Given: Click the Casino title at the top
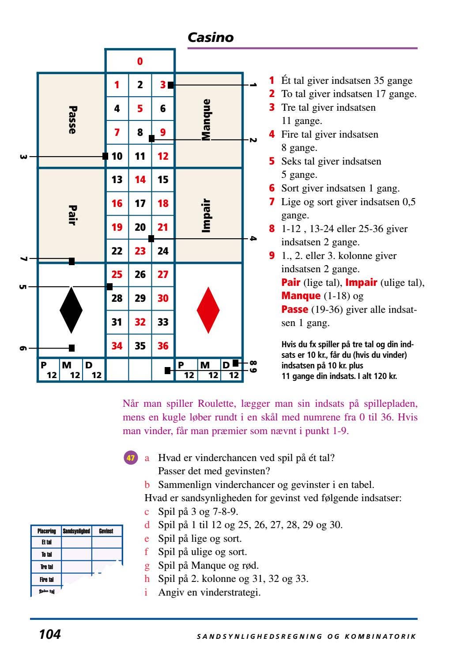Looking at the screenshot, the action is click(x=211, y=37).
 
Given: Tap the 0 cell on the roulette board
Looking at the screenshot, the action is click(x=140, y=61).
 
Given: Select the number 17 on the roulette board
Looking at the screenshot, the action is click(x=140, y=203).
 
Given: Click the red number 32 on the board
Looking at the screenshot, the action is click(x=140, y=322).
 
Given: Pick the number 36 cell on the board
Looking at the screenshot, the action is click(x=163, y=346).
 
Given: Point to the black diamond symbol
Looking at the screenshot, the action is click(x=71, y=310).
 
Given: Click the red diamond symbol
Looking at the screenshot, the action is click(x=208, y=310).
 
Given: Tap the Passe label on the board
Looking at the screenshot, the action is click(x=72, y=120).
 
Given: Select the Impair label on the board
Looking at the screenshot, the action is click(x=206, y=216).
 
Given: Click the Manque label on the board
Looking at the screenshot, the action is click(x=206, y=120).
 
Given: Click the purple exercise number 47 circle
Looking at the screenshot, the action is click(x=131, y=458).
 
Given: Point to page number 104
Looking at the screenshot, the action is click(x=49, y=635).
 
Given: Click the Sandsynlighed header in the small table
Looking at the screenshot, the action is click(x=76, y=531).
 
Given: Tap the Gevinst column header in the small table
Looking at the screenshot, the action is click(x=106, y=531).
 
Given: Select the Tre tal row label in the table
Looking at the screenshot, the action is click(x=46, y=567).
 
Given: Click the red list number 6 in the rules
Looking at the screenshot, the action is click(x=272, y=188).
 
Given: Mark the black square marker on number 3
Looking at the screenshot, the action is click(x=171, y=85).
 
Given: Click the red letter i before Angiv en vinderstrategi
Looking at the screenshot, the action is click(x=146, y=592).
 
